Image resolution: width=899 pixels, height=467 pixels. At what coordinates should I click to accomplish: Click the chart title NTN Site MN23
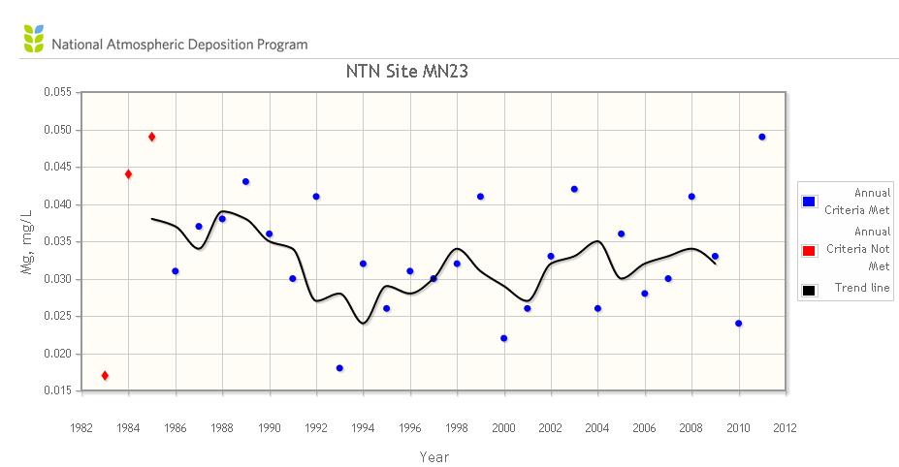coord(407,71)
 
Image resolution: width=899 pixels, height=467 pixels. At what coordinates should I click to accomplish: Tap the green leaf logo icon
coord(33,41)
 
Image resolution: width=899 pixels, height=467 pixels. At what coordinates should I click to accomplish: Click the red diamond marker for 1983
coord(105,375)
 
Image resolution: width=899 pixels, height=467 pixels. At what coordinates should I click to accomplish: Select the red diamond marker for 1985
coord(151,137)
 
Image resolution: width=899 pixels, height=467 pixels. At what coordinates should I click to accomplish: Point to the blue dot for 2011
coord(761,137)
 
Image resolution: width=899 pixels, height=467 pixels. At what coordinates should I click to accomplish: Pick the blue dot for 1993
coord(339,368)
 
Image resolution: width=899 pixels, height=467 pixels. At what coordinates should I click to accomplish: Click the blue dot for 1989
coord(245,181)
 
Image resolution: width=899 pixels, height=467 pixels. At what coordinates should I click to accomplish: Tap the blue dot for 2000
coord(503,338)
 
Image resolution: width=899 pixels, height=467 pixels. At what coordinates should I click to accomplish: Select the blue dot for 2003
coord(574,189)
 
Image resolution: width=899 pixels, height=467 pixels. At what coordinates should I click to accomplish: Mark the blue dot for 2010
coord(738,323)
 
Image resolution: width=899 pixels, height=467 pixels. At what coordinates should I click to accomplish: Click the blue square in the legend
coord(809,201)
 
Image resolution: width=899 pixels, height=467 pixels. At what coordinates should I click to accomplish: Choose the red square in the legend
coord(809,252)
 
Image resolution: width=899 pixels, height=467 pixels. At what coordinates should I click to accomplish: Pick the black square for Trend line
coord(809,289)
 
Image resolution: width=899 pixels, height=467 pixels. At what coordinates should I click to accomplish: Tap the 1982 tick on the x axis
coord(81,425)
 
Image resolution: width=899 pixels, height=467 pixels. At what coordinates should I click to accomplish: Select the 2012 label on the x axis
coord(785,425)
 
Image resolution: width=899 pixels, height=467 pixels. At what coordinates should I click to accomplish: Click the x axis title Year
coord(433,456)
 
